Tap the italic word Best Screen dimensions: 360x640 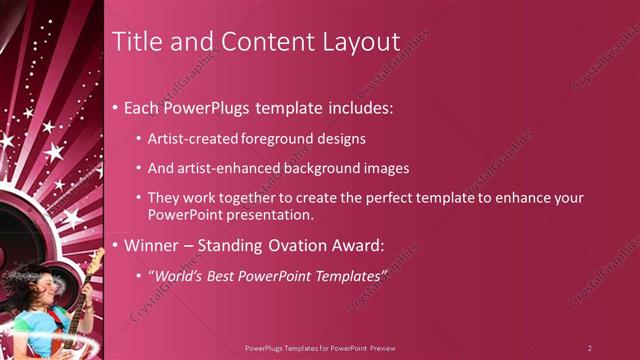pyautogui.click(x=225, y=273)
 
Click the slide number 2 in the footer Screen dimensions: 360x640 pyautogui.click(x=589, y=348)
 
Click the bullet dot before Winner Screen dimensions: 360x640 pyautogui.click(x=116, y=244)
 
